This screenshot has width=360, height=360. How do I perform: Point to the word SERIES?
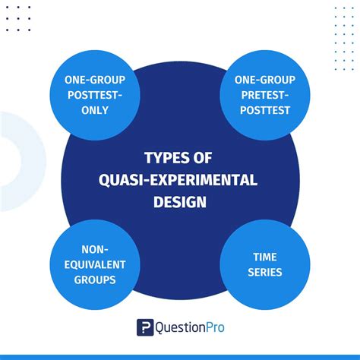265,273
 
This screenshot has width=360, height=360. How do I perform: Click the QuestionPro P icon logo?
145,327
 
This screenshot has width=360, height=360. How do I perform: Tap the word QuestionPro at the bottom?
191,327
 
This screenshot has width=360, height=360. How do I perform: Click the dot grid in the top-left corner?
18,19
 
